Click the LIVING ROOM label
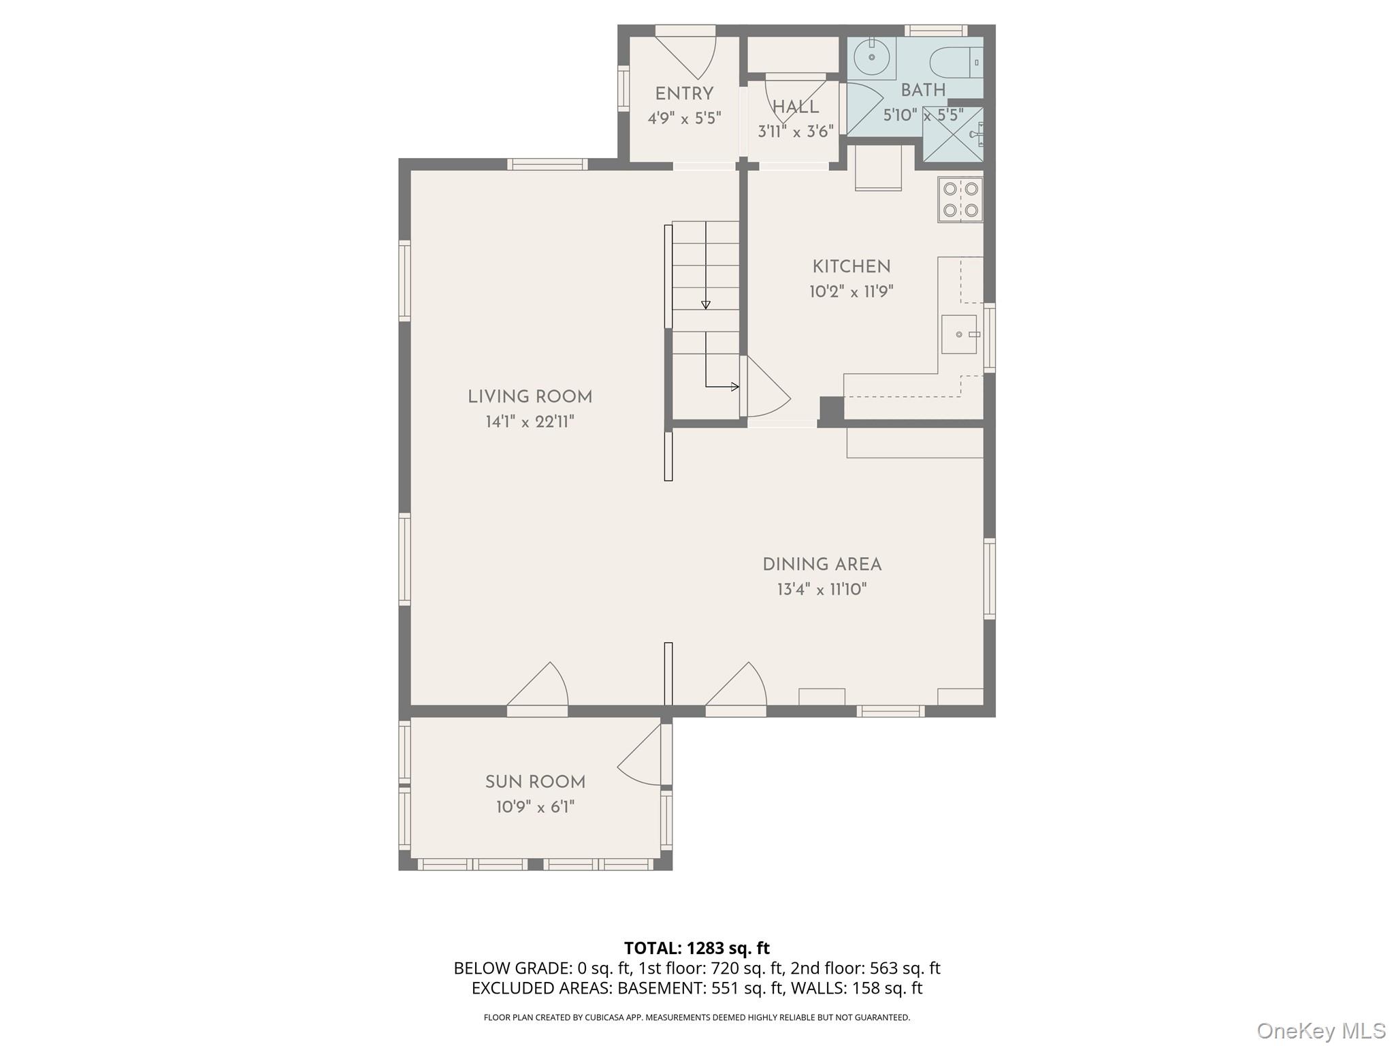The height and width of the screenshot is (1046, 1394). point(530,397)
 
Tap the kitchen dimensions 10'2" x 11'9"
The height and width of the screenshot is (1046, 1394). point(851,292)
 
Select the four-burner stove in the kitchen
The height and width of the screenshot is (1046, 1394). point(960,200)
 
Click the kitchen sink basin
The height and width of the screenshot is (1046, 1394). point(959,334)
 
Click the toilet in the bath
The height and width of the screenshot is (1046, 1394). point(956,63)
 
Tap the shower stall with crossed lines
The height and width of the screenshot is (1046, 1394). point(952,134)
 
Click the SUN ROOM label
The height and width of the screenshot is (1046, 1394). point(535,782)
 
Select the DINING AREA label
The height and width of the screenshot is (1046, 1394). point(822,565)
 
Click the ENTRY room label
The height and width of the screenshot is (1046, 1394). point(684,94)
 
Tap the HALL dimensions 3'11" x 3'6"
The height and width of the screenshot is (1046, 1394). point(796,131)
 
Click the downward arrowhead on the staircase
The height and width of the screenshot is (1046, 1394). point(706,305)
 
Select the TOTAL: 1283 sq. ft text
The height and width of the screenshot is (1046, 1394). point(696,948)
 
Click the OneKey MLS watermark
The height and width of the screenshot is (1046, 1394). point(1320,1030)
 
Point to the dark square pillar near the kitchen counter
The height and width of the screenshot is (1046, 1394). point(831,409)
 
